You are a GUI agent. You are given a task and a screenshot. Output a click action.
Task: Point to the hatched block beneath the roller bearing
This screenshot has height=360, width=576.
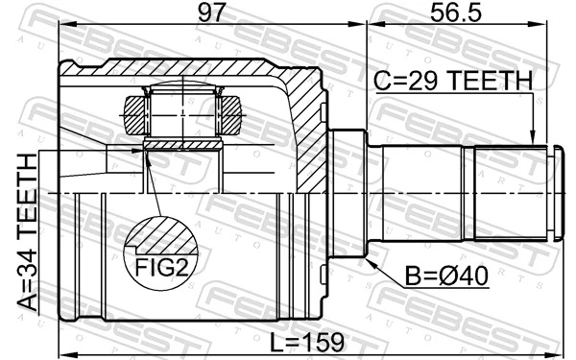pos(182,145)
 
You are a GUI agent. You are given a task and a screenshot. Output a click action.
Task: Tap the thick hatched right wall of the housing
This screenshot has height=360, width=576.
pos(309,134)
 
